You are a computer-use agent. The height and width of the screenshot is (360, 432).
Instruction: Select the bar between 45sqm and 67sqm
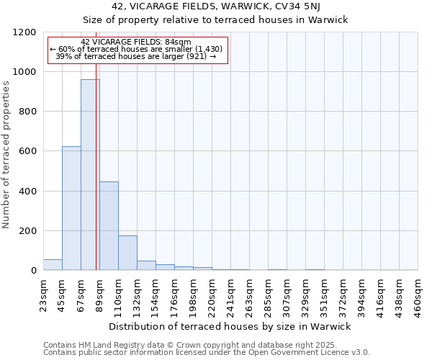click(71, 209)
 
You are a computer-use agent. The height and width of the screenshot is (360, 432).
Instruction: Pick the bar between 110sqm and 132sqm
click(127, 253)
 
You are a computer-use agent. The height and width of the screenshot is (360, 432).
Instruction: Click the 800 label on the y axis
click(27, 112)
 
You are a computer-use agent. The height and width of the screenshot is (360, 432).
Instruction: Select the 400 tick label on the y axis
click(27, 192)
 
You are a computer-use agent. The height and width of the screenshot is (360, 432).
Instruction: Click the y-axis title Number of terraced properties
click(6, 155)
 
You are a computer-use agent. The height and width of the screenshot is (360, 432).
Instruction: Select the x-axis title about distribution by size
click(230, 326)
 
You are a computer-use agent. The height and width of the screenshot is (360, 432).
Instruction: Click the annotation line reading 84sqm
click(136, 42)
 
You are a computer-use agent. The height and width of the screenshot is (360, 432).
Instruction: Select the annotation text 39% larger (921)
click(136, 56)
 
